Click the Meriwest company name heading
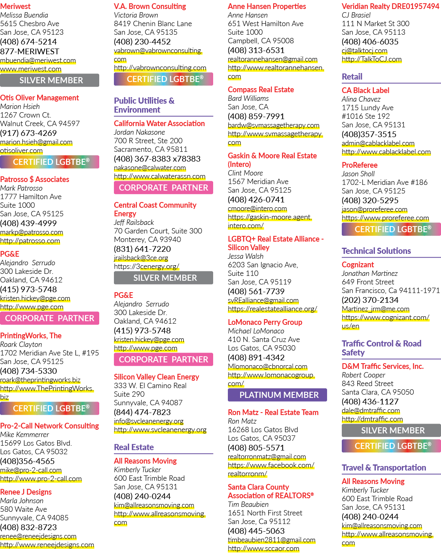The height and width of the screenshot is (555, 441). (x=15, y=6)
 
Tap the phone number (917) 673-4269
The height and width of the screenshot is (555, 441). (x=29, y=133)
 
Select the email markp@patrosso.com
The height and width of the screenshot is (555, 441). (x=31, y=232)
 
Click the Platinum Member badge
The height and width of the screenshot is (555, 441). (x=277, y=395)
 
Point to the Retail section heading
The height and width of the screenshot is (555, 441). (x=352, y=77)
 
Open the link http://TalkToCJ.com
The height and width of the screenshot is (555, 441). (x=372, y=59)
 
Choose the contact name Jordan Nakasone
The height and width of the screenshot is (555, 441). (x=139, y=132)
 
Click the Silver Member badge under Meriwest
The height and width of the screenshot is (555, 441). (x=49, y=80)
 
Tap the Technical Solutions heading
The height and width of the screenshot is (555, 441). (x=376, y=251)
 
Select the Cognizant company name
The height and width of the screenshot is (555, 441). (x=358, y=264)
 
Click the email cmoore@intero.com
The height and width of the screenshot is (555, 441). (x=257, y=209)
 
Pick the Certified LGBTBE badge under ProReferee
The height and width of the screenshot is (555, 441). (x=391, y=229)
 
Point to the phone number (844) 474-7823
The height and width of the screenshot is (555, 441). (x=142, y=412)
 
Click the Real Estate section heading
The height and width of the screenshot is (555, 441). (x=134, y=447)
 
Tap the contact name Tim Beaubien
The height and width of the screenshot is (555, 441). (x=248, y=504)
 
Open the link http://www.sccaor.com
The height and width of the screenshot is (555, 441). (x=263, y=548)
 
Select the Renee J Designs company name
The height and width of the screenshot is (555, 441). (x=26, y=492)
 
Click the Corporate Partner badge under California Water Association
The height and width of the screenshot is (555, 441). (x=163, y=187)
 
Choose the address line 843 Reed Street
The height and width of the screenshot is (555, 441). (x=367, y=384)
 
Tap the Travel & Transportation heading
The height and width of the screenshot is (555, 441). (x=384, y=467)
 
